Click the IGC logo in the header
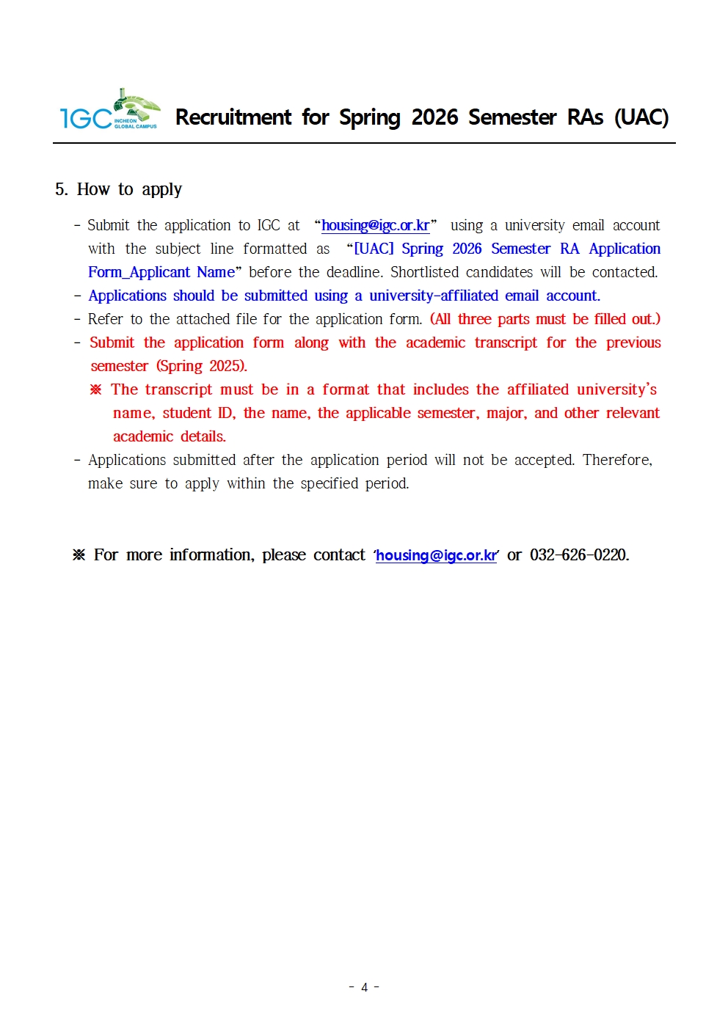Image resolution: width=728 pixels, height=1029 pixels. click(x=109, y=112)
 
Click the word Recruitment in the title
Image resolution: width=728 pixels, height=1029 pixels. click(x=233, y=117)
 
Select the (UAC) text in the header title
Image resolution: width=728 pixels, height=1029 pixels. click(x=641, y=117)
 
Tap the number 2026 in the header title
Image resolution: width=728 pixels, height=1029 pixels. click(x=434, y=117)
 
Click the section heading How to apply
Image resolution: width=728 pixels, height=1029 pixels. click(x=129, y=189)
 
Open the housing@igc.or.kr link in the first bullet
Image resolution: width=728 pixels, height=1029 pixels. click(x=375, y=225)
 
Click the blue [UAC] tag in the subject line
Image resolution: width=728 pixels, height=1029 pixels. click(x=374, y=249)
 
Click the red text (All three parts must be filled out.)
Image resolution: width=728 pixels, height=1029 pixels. click(x=545, y=319)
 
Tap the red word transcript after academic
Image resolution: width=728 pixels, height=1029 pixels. click(x=506, y=343)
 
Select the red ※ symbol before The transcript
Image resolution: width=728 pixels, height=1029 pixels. click(x=96, y=389)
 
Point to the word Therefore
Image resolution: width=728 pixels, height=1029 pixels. click(x=616, y=460)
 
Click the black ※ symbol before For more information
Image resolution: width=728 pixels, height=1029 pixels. click(x=79, y=555)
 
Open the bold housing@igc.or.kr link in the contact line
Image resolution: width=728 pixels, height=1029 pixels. click(x=437, y=555)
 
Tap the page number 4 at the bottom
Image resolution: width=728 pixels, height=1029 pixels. click(x=364, y=987)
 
